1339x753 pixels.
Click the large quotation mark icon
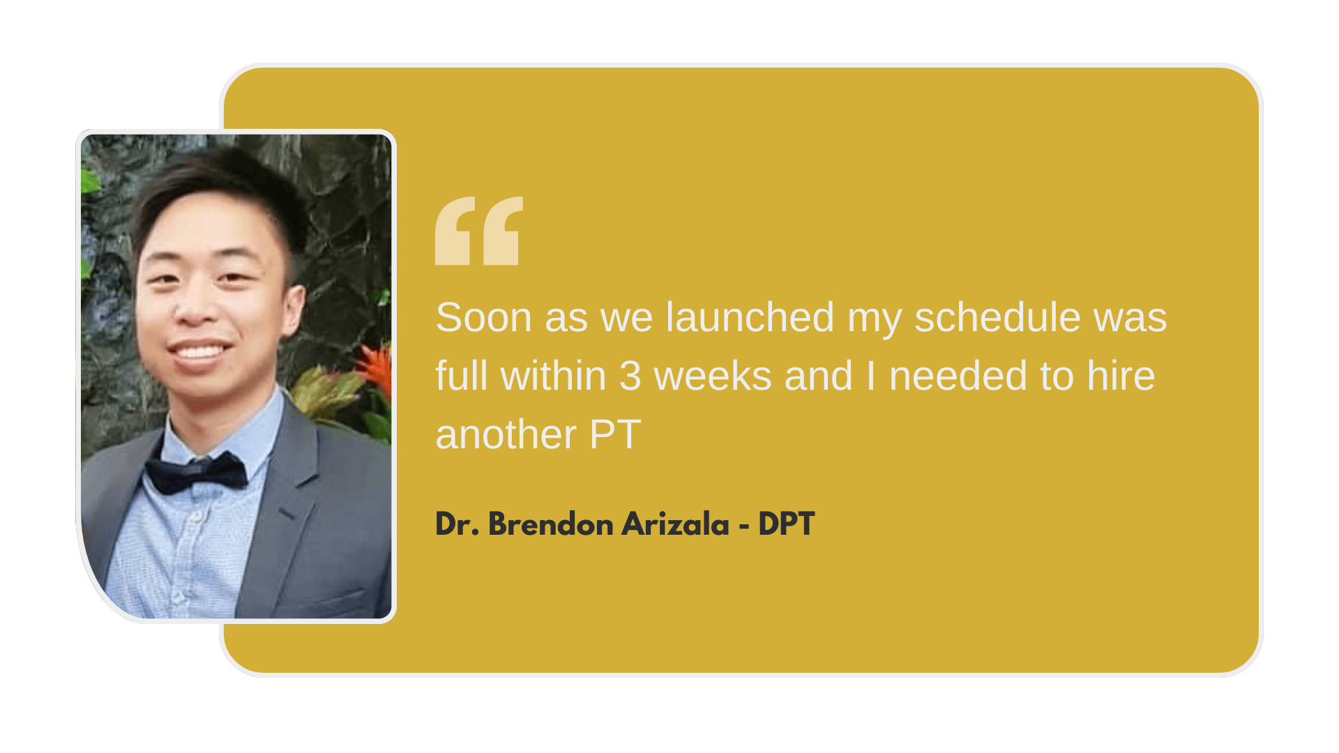click(x=478, y=231)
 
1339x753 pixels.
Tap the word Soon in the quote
click(x=484, y=317)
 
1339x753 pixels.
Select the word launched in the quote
click(x=750, y=317)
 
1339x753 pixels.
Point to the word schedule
click(x=997, y=317)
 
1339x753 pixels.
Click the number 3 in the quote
click(x=630, y=376)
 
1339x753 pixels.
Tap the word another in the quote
click(x=506, y=434)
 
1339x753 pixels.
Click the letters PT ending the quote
click(x=615, y=434)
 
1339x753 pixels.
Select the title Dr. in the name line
click(x=457, y=524)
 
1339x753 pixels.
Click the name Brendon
click(x=550, y=524)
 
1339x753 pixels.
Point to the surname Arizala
click(x=675, y=524)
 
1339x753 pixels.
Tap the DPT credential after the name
click(x=786, y=524)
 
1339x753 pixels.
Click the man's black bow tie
click(x=196, y=473)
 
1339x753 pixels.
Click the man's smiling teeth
click(x=199, y=351)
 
